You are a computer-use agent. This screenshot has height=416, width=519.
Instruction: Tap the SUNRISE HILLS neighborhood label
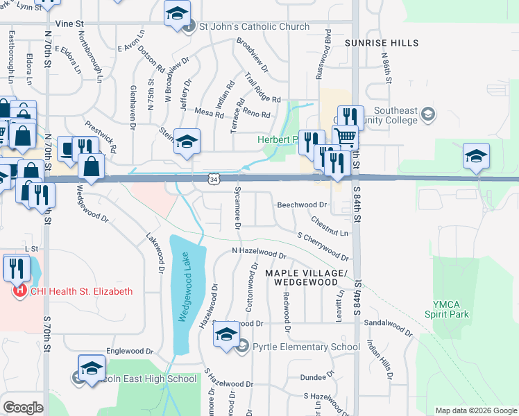coord(382,43)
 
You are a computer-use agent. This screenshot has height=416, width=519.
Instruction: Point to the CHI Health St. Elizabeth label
coord(81,292)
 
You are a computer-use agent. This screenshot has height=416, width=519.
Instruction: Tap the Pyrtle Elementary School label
coord(306,347)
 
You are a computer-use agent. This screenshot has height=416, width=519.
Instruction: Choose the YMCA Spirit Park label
coord(451,309)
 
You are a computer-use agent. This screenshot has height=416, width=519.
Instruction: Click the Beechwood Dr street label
coord(302,205)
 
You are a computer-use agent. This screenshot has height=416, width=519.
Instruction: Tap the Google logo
coord(23,408)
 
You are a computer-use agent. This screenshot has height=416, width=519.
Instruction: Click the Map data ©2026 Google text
coord(475,410)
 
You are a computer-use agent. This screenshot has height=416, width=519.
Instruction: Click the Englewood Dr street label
coord(128,352)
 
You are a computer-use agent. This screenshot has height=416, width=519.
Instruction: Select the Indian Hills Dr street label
coord(381,360)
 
